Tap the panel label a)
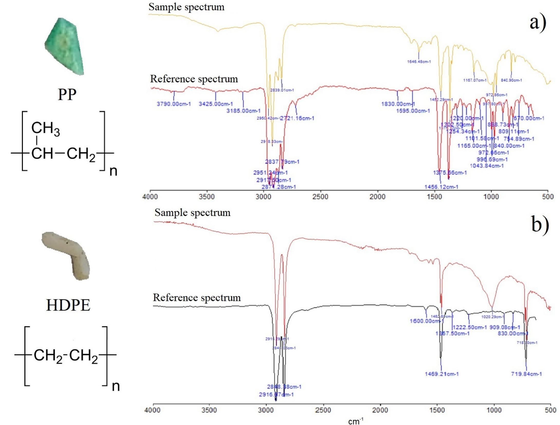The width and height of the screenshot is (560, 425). click(x=538, y=23)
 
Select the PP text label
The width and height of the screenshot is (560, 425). click(x=67, y=95)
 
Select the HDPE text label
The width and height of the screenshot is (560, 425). click(x=68, y=305)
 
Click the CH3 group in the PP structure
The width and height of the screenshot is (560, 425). click(x=45, y=128)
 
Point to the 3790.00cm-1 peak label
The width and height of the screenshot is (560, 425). click(x=174, y=104)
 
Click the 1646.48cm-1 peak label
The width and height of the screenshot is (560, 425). click(x=419, y=62)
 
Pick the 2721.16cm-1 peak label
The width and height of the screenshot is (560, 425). click(x=297, y=118)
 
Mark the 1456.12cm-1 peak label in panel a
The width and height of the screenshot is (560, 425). click(x=441, y=187)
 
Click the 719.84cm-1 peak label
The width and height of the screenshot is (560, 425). click(x=526, y=374)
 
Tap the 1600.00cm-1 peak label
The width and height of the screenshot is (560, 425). click(x=427, y=321)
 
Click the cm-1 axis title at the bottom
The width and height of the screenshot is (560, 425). click(x=356, y=421)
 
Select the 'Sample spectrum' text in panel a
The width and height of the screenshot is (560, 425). click(x=186, y=7)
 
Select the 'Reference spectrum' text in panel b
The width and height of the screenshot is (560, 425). click(x=197, y=298)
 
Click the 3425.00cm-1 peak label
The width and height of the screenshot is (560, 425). click(x=216, y=104)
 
